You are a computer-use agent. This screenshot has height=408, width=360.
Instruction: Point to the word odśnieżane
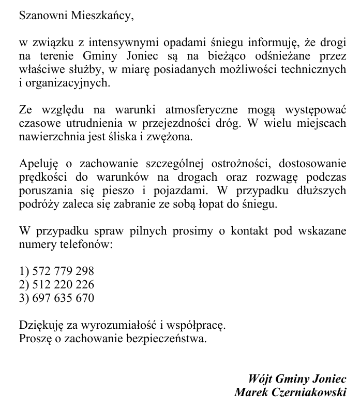click(285, 55)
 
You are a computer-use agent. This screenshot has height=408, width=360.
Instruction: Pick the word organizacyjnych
click(68, 82)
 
